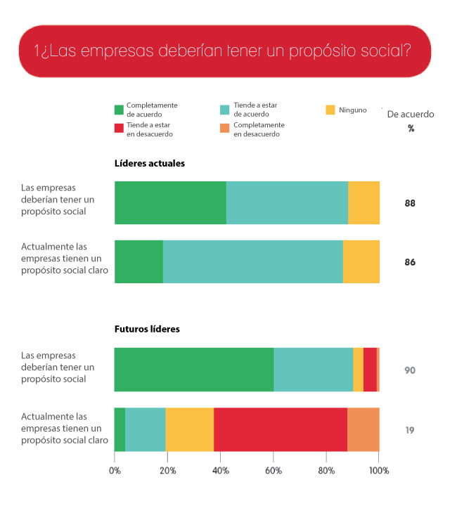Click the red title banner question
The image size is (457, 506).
pos(222,51)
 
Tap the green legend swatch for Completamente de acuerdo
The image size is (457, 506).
pos(119,110)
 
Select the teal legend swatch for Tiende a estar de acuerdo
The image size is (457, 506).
pos(225,110)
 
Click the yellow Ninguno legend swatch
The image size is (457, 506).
pos(330,110)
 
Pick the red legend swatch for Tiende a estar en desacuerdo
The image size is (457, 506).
pos(119,129)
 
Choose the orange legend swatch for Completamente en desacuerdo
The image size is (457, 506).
pos(225,129)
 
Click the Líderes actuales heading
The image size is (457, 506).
pos(150,163)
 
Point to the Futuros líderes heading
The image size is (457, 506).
pos(147,328)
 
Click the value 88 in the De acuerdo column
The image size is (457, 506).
pos(410,204)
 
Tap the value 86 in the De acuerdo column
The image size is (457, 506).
pos(410,262)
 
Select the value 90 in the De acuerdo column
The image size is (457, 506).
pos(410,370)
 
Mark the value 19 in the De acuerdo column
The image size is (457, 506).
pos(410,429)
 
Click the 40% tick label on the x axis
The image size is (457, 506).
pos(221,471)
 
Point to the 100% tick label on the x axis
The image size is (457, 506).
pos(378,471)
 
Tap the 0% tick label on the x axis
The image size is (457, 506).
pos(115,471)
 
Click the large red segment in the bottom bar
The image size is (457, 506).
pos(281,429)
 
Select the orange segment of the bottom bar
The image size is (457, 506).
pos(363,429)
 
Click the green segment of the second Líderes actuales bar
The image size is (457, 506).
pos(139,262)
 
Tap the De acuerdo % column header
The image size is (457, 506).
pos(411,119)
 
